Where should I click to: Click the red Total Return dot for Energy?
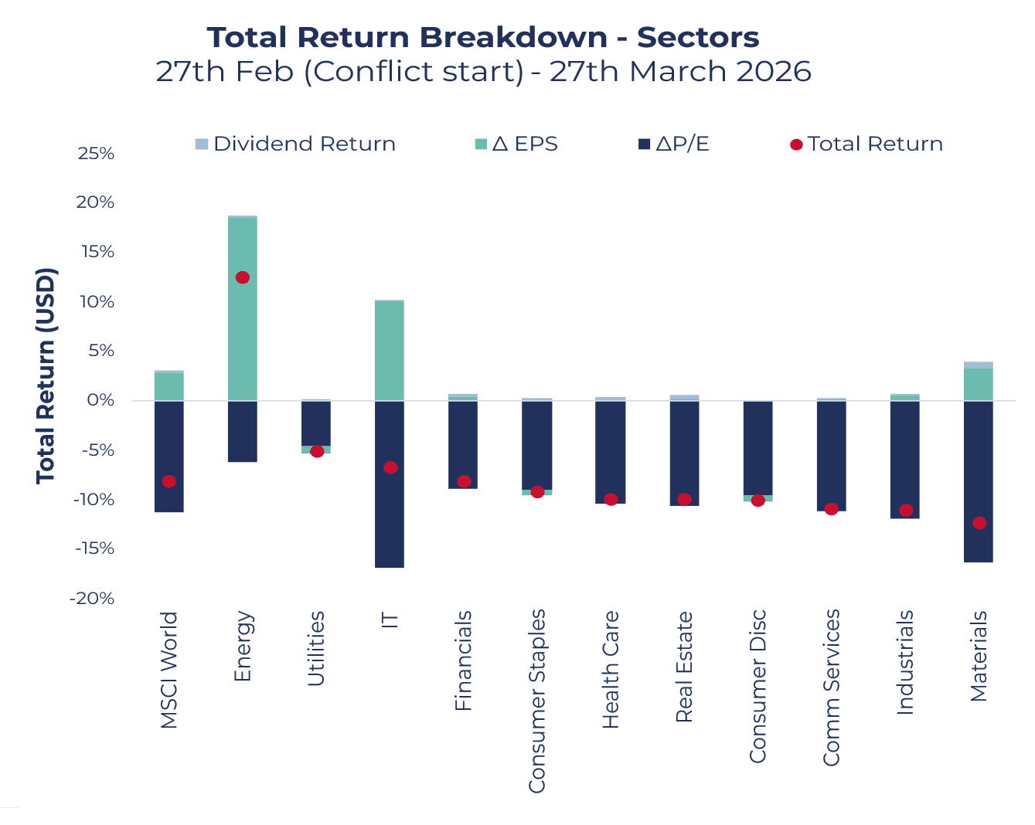pyautogui.click(x=243, y=277)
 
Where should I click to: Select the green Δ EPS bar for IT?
pyautogui.click(x=389, y=351)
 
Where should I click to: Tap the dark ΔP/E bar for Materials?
pyautogui.click(x=979, y=481)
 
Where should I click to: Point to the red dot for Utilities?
pyautogui.click(x=317, y=451)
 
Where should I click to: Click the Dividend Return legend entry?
pyautogui.click(x=295, y=144)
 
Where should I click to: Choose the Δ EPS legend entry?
pyautogui.click(x=516, y=144)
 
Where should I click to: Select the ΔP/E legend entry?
pyautogui.click(x=673, y=144)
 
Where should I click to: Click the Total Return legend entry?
pyautogui.click(x=866, y=144)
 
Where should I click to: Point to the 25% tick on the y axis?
pyautogui.click(x=96, y=154)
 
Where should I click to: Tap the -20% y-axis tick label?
pyautogui.click(x=92, y=599)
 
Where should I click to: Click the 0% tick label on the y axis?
pyautogui.click(x=100, y=400)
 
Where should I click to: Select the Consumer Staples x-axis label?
pyautogui.click(x=536, y=701)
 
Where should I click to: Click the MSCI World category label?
pyautogui.click(x=169, y=670)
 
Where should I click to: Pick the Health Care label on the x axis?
pyautogui.click(x=611, y=669)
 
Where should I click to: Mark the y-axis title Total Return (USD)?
pyautogui.click(x=46, y=376)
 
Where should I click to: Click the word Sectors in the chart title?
pyautogui.click(x=698, y=37)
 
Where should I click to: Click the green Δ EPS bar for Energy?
pyautogui.click(x=243, y=309)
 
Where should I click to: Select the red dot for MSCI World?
pyautogui.click(x=169, y=481)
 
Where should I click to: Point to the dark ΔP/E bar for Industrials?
pyautogui.click(x=904, y=460)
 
